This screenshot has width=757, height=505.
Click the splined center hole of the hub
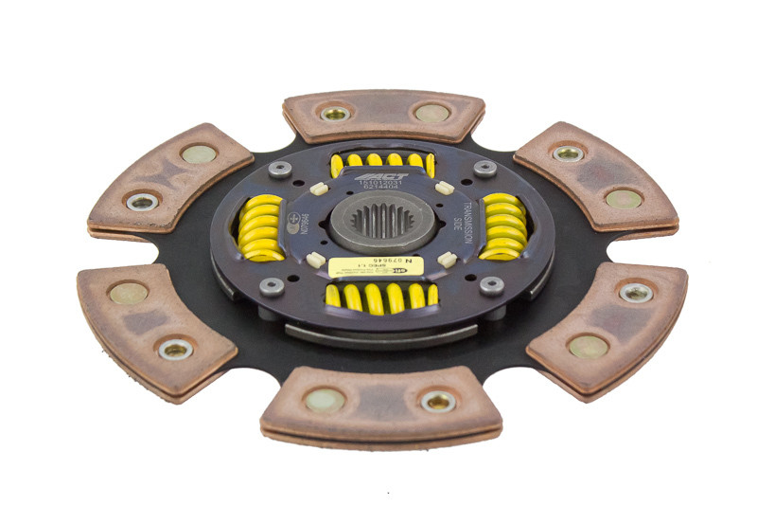coord(382,225)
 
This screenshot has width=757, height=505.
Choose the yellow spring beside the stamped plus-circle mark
coord(260,228)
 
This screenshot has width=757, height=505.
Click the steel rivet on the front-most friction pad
coord(438,402)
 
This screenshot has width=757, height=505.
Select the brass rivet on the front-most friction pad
coord(325,400)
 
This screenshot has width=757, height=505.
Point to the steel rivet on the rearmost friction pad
coord(334,114)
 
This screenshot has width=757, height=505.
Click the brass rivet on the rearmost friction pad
coord(431,113)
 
